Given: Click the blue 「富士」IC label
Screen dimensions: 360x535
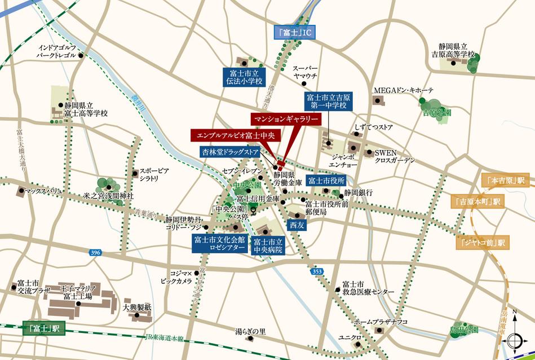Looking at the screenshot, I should pyautogui.click(x=294, y=33).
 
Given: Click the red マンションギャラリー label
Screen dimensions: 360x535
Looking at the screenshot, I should pyautogui.click(x=286, y=120).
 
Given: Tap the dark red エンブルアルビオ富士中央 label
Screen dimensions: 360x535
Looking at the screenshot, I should pyautogui.click(x=232, y=135).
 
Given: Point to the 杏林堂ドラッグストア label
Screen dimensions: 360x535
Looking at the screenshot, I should pyautogui.click(x=232, y=152).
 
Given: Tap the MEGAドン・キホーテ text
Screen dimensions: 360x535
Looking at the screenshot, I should pyautogui.click(x=404, y=91).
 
